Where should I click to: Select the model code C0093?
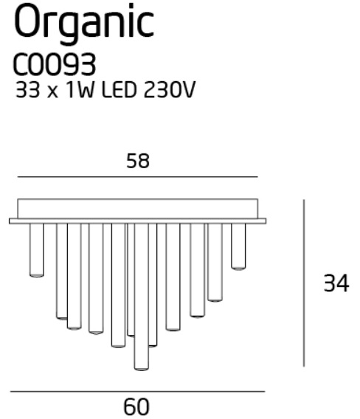55,64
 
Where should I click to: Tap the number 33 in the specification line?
28,89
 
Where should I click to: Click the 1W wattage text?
80,89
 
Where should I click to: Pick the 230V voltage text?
170,89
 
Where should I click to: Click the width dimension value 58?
138,161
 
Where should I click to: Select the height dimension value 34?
336,283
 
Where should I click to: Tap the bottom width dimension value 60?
136,406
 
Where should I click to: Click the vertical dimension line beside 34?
304,283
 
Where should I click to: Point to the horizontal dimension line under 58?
138,176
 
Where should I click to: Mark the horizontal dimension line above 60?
138,392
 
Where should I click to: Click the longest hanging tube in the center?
142,297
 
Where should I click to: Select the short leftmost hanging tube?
37,250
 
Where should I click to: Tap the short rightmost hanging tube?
238,246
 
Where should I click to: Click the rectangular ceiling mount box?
138,209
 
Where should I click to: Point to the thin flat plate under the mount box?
138,221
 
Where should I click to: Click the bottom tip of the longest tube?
142,370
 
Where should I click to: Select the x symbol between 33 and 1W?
52,92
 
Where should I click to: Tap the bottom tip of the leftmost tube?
37,277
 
